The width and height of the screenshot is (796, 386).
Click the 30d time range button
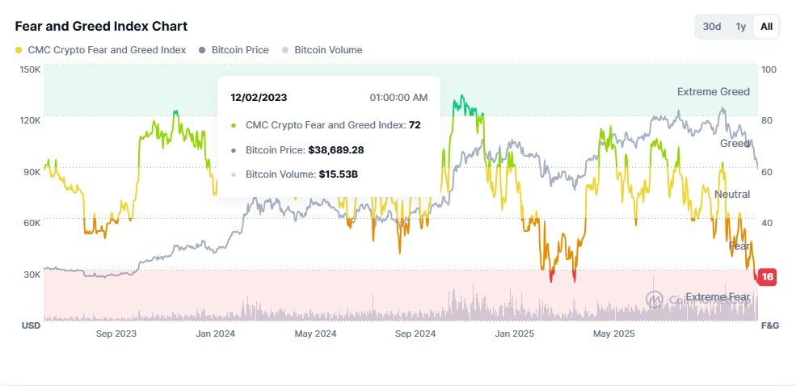point(712,27)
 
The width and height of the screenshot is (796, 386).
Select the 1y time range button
point(740,27)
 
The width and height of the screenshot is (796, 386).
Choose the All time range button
point(766,27)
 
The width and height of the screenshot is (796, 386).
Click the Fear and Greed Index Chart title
point(101,27)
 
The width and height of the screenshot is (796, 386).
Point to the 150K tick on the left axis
point(30,70)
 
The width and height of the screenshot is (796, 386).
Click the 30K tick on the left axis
point(32,275)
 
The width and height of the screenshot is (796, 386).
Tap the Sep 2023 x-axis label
point(116,334)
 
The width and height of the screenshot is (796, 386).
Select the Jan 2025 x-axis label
point(515,334)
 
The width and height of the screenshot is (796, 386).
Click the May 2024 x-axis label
point(315,334)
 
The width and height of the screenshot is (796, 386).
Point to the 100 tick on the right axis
point(769,70)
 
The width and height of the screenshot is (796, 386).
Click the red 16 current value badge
point(767,277)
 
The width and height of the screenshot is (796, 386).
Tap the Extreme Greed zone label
point(713,92)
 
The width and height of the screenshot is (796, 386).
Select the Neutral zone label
point(731,195)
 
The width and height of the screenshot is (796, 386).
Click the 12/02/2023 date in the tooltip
point(259,98)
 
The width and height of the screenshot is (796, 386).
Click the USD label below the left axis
point(30,325)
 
